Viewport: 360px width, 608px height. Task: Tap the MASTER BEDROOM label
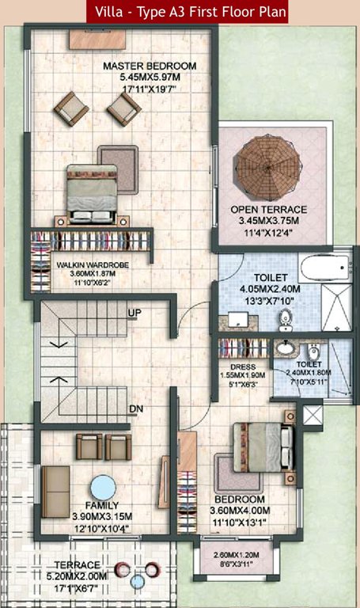[150, 66]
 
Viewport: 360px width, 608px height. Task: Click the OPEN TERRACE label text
[269, 210]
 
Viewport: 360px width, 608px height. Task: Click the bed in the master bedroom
[93, 192]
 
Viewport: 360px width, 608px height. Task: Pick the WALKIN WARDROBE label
[93, 264]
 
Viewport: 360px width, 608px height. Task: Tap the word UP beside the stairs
[135, 313]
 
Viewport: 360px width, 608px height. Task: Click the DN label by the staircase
[135, 408]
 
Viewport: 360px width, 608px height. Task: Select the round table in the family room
[104, 486]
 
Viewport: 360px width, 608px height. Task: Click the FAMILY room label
[103, 505]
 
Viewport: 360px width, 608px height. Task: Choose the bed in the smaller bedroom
[257, 447]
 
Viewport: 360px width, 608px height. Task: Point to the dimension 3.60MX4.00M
[240, 511]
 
